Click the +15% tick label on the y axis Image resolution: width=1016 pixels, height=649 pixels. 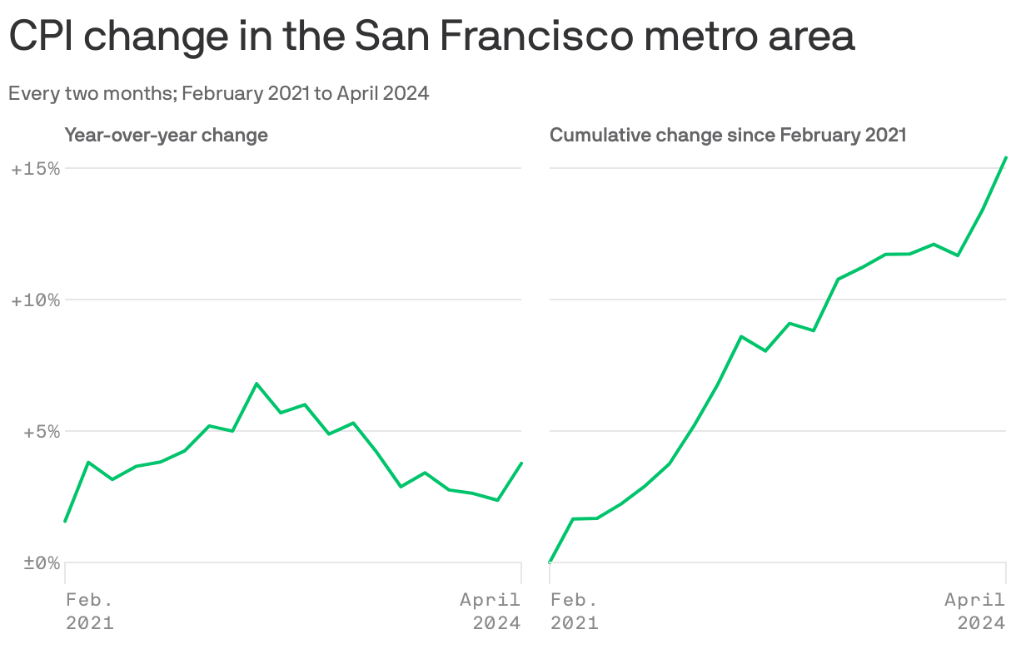35,169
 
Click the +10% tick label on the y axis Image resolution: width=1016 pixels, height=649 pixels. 35,300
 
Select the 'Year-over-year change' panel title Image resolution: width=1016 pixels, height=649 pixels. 167,135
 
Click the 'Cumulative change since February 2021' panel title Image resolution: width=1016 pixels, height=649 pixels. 728,135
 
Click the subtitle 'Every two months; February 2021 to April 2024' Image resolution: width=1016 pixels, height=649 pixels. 219,93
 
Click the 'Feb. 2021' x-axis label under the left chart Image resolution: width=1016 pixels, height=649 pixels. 89,611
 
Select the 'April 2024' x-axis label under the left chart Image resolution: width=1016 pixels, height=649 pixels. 491,611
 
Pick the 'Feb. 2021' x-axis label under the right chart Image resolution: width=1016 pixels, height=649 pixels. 574,611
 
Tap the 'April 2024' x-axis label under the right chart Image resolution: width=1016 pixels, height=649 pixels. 976,611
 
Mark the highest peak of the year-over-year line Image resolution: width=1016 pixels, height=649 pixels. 256,384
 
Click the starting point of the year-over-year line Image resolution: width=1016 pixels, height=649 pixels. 65,522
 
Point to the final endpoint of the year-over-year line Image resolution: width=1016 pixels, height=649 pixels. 521,463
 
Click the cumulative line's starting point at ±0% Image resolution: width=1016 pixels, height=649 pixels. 550,562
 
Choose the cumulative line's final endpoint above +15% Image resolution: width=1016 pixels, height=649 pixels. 1006,156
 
